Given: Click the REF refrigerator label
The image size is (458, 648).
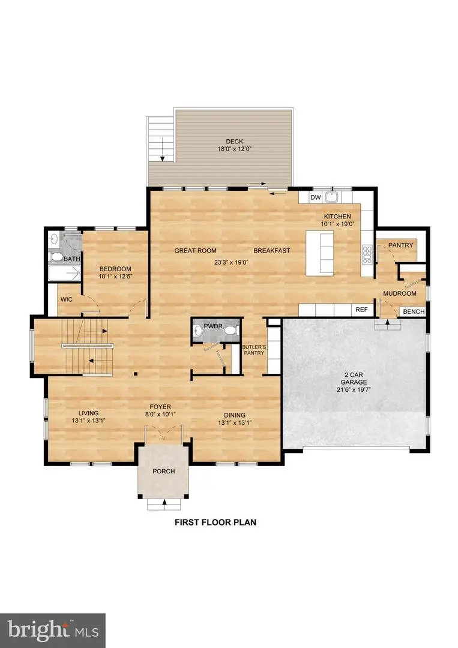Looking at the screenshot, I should [x=361, y=310].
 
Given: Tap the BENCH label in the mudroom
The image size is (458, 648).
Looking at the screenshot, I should [x=413, y=311].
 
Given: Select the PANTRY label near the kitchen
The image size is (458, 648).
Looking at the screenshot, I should [x=400, y=245].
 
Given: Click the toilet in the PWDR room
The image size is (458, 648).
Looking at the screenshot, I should [x=200, y=329].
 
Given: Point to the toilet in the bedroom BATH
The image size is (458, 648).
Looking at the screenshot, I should [x=56, y=257].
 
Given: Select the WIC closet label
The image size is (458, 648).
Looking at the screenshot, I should [x=66, y=299].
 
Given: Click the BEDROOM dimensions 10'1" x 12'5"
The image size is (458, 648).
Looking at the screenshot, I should [x=115, y=277].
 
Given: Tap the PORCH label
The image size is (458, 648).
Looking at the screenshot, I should [x=163, y=471].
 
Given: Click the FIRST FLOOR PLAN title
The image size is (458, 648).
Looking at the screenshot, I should [x=215, y=522].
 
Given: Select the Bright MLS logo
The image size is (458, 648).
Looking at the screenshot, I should [x=53, y=630].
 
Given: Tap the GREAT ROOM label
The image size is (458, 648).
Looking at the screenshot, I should [x=195, y=250].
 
